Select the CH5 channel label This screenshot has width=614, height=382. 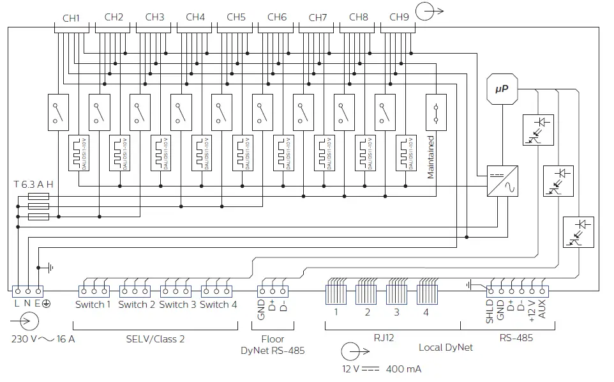(x=236, y=18)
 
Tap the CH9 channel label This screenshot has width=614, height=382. (x=400, y=18)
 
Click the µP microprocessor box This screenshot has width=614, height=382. (x=501, y=90)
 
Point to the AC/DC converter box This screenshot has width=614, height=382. (x=502, y=181)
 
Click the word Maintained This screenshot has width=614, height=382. (x=431, y=157)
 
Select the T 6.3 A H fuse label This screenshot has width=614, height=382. (x=33, y=184)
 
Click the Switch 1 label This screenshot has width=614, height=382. (x=93, y=305)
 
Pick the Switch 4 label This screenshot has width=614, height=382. (x=218, y=305)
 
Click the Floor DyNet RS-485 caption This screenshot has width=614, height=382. (x=272, y=345)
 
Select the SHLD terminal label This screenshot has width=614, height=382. (x=490, y=312)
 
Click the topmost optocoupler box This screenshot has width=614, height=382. (x=537, y=129)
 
